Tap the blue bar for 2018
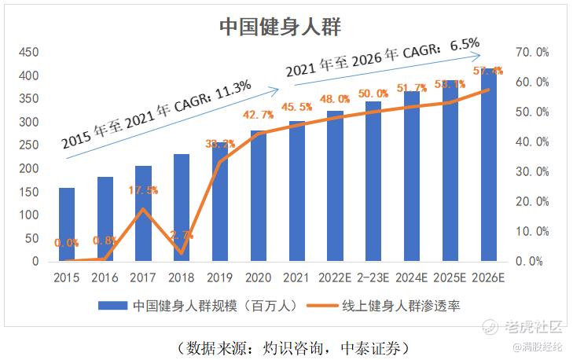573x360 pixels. pos(182,208)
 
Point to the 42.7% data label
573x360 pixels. pos(258,115)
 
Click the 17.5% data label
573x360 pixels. pos(143,190)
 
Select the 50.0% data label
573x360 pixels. pos(373,94)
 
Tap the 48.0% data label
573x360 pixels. pos(335,99)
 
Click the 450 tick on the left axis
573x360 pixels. pos(28,53)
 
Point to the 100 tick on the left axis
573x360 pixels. pos(28,215)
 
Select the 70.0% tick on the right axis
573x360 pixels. pos(531,53)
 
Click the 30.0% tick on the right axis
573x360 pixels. pos(531,171)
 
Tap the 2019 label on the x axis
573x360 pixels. pos(220,277)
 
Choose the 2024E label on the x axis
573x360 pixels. pos(412,277)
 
